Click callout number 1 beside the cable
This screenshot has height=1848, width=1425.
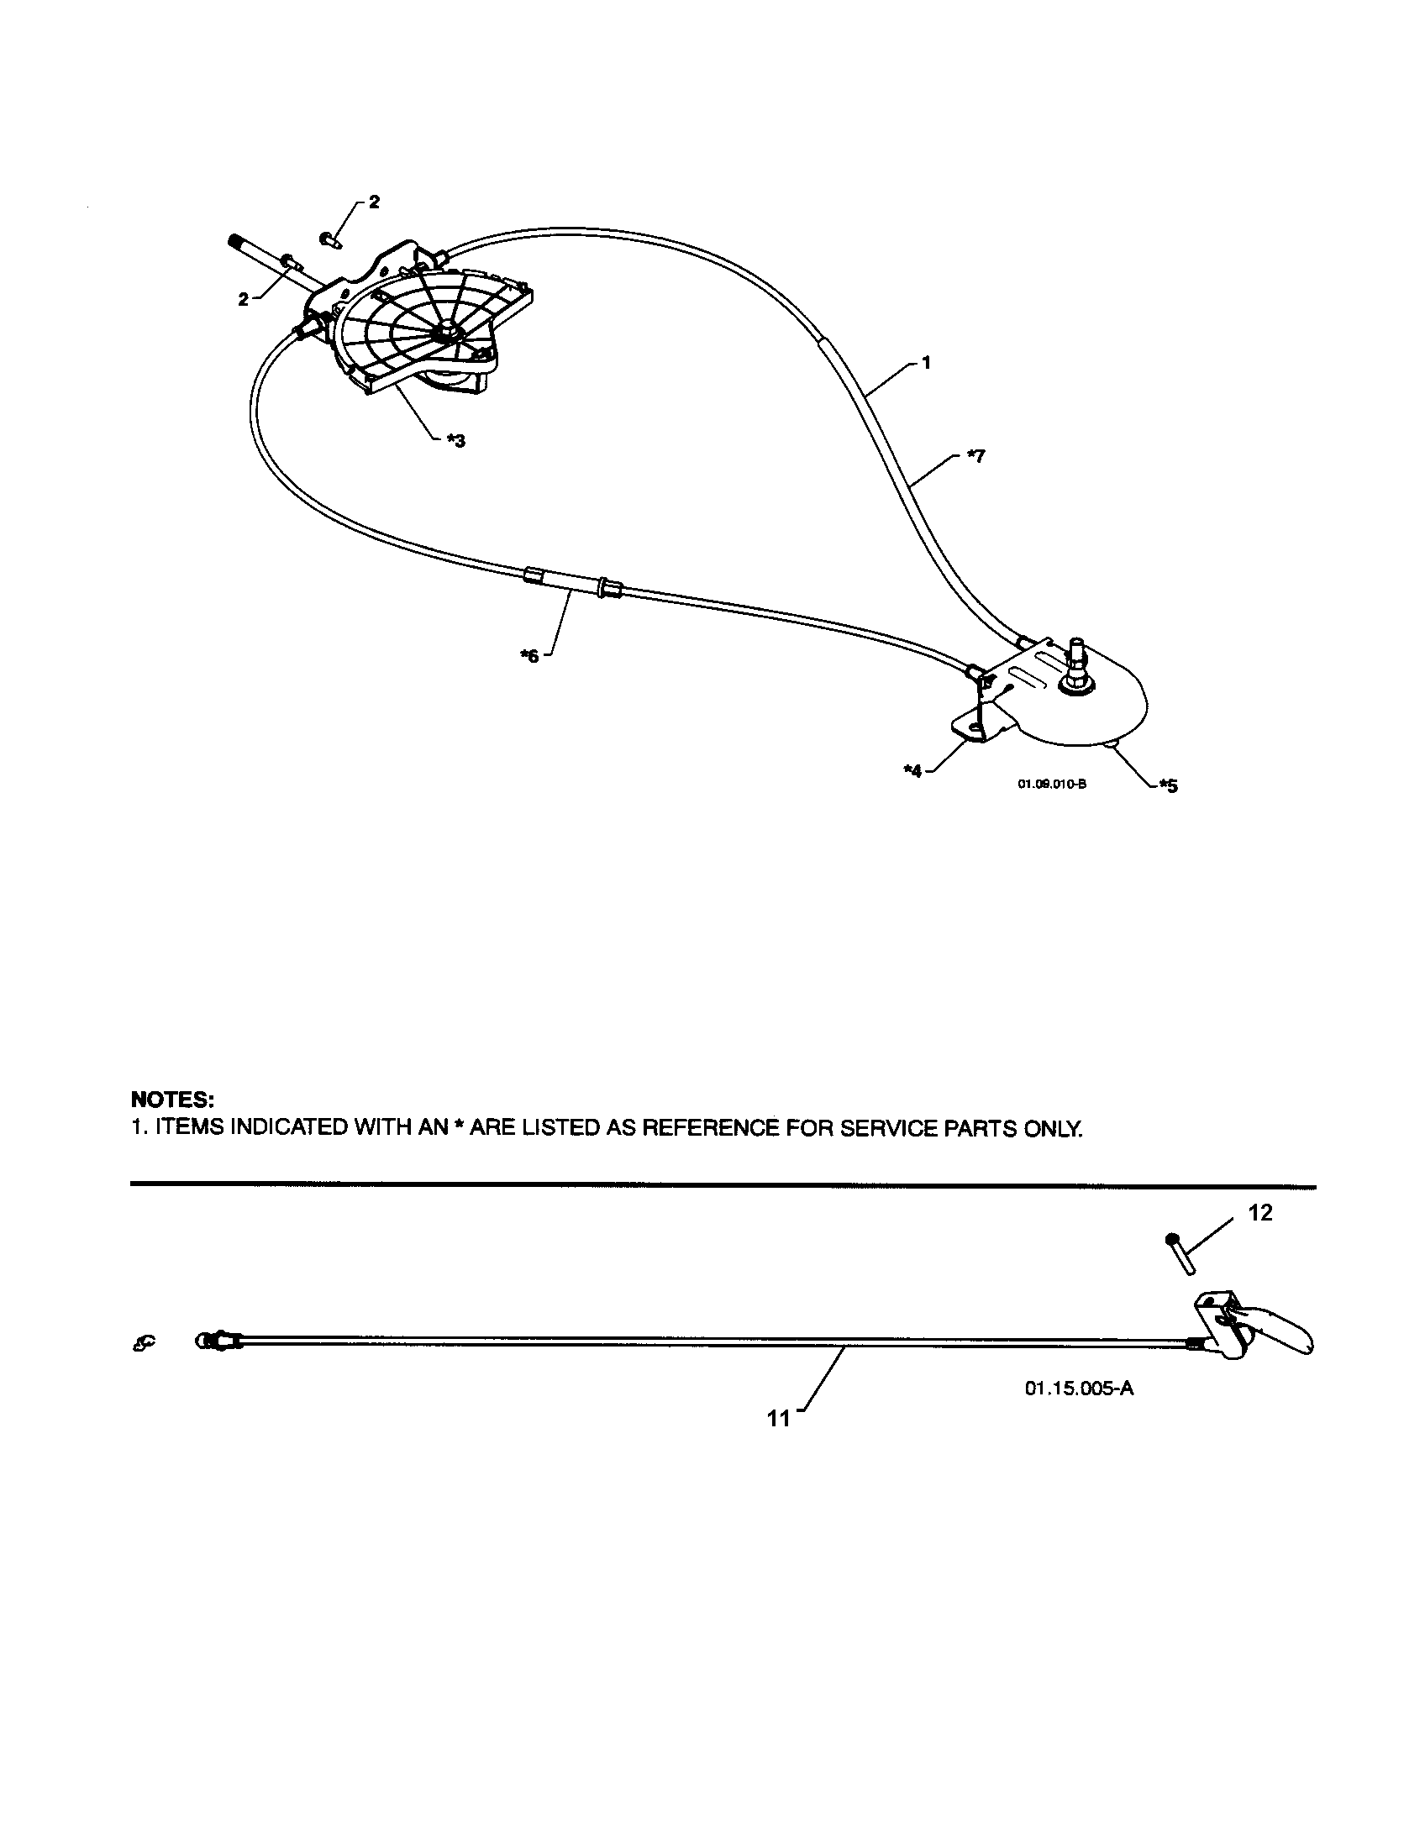[926, 363]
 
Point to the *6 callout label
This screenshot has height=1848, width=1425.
[528, 656]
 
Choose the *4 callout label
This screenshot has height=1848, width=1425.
[912, 772]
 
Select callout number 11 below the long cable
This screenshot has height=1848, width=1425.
[779, 1418]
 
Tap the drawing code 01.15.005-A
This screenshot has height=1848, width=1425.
[1079, 1389]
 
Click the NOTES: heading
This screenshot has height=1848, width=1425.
[172, 1100]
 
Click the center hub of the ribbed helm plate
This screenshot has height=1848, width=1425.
[446, 333]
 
